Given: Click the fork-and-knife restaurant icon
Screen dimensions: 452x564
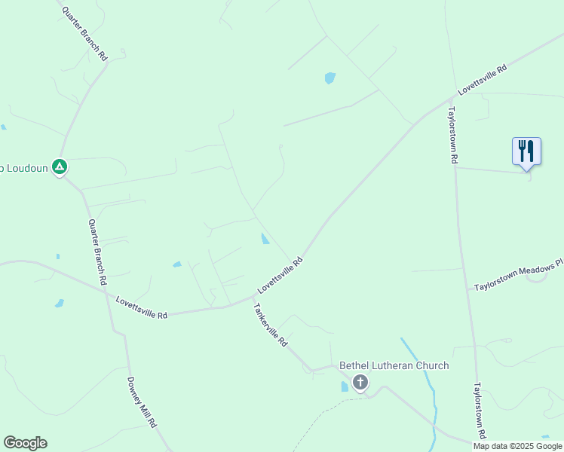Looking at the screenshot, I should point(526,151).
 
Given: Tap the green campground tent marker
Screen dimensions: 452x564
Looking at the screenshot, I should point(60,166).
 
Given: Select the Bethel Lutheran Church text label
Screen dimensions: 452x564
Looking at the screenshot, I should point(394,365).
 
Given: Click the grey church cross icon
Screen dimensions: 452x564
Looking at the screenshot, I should point(360,382).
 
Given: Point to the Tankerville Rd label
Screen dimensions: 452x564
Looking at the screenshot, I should point(270,325).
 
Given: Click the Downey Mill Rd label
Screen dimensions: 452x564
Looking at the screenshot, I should point(141,402).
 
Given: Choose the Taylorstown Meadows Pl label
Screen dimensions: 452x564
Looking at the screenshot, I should point(518,275).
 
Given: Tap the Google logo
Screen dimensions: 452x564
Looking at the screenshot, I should point(25,443).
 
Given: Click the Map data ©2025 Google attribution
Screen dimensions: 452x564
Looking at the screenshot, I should point(517,446).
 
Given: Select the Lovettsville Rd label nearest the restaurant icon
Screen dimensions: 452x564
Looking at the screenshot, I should point(481,80).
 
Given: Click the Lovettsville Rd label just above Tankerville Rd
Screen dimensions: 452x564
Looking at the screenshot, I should point(280,275).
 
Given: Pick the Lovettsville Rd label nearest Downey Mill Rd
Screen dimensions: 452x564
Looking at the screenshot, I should point(141,307).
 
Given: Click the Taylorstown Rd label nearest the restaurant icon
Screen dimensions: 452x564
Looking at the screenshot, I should point(452,134).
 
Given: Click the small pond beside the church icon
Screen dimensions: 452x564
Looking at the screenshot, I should point(345,386).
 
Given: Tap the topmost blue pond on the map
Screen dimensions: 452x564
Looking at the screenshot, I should point(330,78).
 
